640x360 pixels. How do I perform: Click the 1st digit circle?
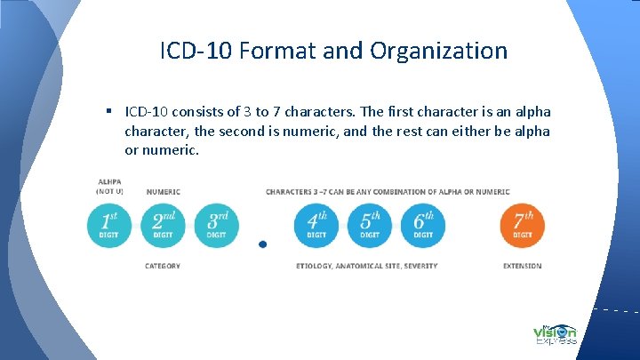(x=108, y=226)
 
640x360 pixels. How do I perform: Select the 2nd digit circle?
(x=163, y=226)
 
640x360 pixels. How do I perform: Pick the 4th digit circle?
(x=316, y=226)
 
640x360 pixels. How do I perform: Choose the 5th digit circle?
(x=370, y=226)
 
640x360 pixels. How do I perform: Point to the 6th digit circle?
(x=423, y=226)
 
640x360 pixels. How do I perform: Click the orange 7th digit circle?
(x=523, y=226)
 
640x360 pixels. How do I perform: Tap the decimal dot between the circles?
(x=261, y=244)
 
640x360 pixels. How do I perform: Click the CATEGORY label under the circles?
(x=163, y=266)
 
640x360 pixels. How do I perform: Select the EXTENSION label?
(x=522, y=266)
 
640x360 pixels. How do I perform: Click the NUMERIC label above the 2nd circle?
(x=164, y=191)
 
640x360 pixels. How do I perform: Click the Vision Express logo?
(x=555, y=332)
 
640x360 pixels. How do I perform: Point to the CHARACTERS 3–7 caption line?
(x=388, y=191)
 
